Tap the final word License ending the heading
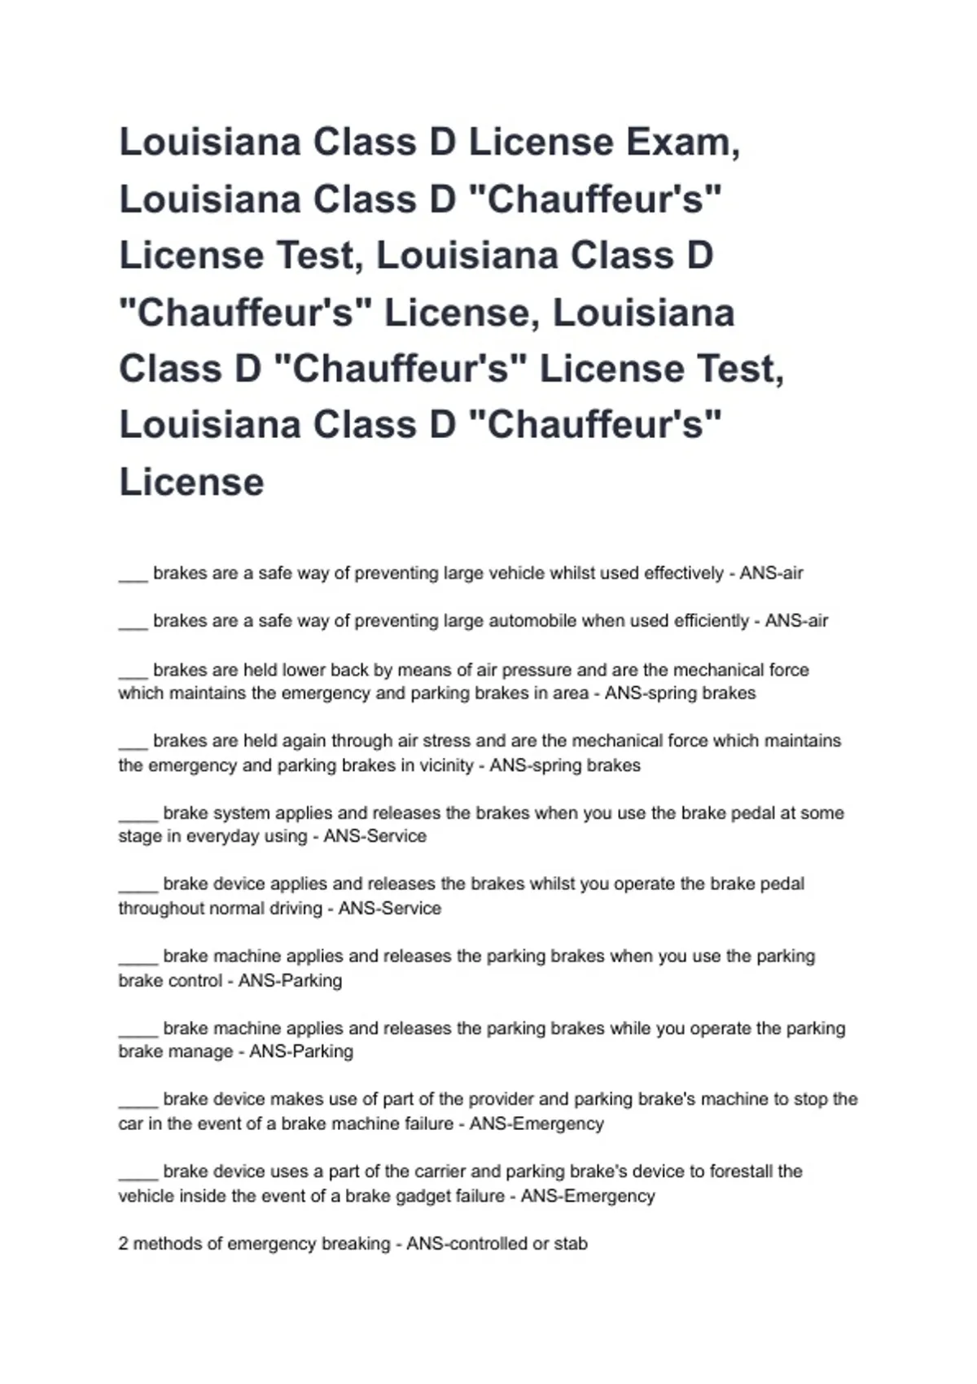click(x=191, y=482)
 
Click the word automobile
click(x=532, y=621)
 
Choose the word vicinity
click(x=440, y=765)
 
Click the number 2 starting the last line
click(x=123, y=1244)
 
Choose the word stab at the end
click(x=571, y=1244)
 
